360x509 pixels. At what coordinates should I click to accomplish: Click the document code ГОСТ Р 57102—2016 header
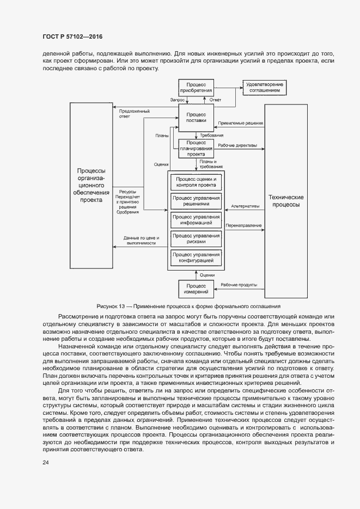72,36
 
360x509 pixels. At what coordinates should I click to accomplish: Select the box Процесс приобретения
196,88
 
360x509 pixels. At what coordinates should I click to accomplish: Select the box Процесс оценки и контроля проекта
196,182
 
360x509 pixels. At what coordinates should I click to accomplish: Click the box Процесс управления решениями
196,200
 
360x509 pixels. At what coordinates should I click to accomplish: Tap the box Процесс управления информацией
196,219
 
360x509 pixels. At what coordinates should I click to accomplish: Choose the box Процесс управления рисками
196,238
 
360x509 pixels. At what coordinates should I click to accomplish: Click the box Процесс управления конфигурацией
196,257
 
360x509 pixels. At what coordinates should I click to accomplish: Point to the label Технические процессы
286,201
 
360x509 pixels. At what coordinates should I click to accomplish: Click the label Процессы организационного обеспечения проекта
91,185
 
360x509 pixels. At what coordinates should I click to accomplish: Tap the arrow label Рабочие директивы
237,145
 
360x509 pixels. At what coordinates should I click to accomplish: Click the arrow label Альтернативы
245,206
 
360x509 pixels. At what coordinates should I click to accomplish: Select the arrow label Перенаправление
243,225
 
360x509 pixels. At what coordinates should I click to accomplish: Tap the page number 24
46,463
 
